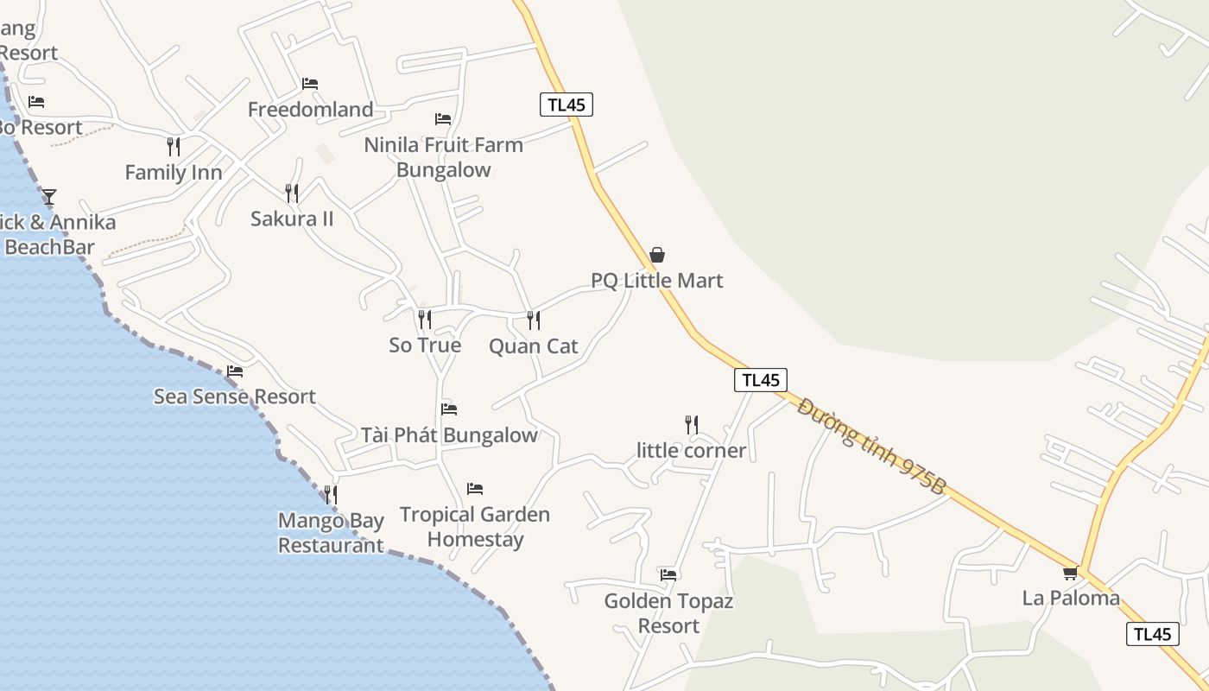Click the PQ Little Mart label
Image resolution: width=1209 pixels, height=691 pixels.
pos(656,281)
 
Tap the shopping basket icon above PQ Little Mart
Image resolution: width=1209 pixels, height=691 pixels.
pos(657,255)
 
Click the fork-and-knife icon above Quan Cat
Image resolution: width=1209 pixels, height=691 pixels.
pos(534,320)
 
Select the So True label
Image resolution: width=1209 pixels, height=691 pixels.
pos(425,345)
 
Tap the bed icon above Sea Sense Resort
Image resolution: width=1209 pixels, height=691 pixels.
pos(235,371)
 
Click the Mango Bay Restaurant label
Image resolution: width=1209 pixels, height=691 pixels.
pos(331,533)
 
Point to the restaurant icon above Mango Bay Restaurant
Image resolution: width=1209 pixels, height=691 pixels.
pos(330,495)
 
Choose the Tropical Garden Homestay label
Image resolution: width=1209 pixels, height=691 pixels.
pos(475,527)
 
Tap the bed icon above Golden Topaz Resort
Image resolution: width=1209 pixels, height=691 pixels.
pos(668,574)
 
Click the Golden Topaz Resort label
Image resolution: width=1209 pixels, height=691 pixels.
pos(668,613)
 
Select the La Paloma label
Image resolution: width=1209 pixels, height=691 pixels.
pos(1071,598)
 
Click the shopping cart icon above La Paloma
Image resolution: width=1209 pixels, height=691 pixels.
pos(1071,573)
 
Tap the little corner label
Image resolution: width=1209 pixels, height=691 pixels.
pos(691,451)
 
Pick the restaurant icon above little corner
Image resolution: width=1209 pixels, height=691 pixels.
pos(691,425)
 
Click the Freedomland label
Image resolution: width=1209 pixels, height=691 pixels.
pos(311,110)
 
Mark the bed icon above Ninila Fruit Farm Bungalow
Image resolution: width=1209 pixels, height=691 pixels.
pos(443,119)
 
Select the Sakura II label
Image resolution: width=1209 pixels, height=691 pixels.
pos(292,219)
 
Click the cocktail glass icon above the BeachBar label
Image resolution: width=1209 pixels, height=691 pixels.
pos(49,197)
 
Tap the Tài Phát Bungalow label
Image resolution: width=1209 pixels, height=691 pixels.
pos(449,435)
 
